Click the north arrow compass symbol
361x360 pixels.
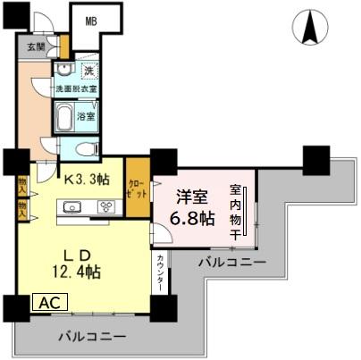pos(312,27)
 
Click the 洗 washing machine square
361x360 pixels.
pos(88,70)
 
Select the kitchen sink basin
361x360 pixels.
pos(72,208)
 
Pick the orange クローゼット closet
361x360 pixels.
pos(138,185)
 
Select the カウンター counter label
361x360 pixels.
pos(160,272)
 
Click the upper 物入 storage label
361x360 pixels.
pos(22,186)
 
